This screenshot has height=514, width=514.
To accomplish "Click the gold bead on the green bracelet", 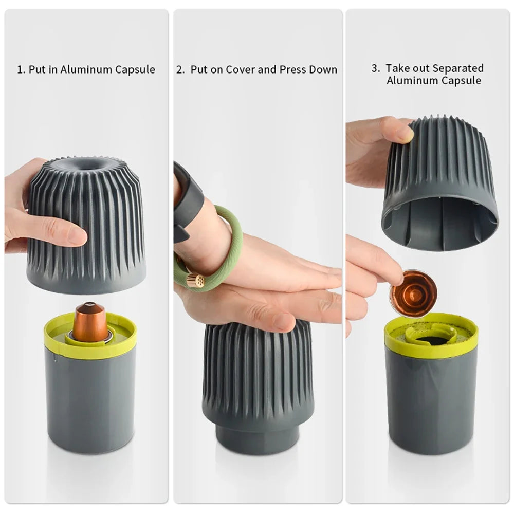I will pyautogui.click(x=195, y=280).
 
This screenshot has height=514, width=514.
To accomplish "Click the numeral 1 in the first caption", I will pyautogui.click(x=20, y=70).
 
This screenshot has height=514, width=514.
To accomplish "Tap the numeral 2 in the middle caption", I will pyautogui.click(x=180, y=70).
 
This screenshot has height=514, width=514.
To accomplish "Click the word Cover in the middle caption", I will pyautogui.click(x=240, y=70).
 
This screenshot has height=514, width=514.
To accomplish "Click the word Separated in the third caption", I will pyautogui.click(x=458, y=68).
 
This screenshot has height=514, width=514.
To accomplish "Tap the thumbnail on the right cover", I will pyautogui.click(x=405, y=133).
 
